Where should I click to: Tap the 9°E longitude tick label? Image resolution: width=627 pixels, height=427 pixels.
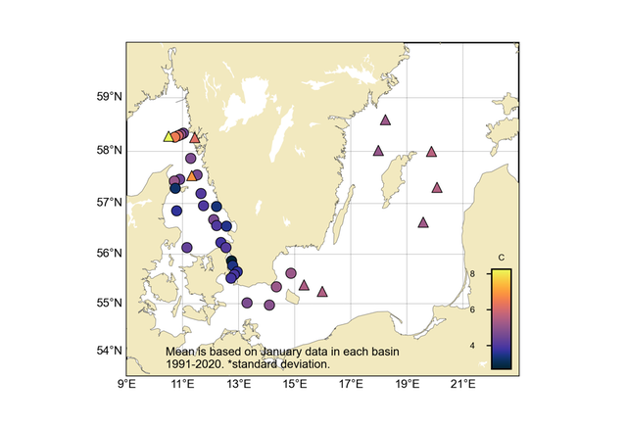pos(126,383)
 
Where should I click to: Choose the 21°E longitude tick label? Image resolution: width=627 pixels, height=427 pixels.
pos(462,383)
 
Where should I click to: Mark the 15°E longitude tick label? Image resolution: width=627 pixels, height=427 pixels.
pos(294,383)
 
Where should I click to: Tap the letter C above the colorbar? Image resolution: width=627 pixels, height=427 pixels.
pos(501,258)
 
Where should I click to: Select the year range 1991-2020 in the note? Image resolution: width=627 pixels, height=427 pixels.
pos(193,363)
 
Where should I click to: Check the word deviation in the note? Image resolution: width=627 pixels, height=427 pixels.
pos(306,363)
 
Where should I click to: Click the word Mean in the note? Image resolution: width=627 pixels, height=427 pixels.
pos(178,351)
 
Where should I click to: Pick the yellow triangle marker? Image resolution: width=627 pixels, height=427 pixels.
pos(168,137)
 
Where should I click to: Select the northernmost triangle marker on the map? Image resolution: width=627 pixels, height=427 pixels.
pos(385,120)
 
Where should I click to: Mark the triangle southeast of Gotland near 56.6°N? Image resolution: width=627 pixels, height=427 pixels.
pos(423,222)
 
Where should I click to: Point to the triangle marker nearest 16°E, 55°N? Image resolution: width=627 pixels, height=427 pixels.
pos(322,291)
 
